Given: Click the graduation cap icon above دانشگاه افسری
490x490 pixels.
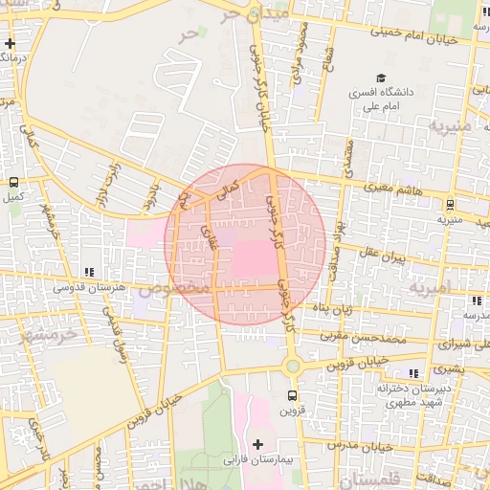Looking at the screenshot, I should (380, 78).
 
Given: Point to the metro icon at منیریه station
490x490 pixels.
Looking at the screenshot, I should (450, 203).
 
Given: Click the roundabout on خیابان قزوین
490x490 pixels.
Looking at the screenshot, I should (293, 365).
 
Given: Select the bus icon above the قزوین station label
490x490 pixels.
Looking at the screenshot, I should (292, 395).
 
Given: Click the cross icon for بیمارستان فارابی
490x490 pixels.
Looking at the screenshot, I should (257, 444).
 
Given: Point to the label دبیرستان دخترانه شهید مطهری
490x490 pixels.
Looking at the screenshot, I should (399, 396).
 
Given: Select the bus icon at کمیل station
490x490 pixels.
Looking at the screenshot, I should (13, 182).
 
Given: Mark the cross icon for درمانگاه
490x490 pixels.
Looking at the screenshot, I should (10, 43).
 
